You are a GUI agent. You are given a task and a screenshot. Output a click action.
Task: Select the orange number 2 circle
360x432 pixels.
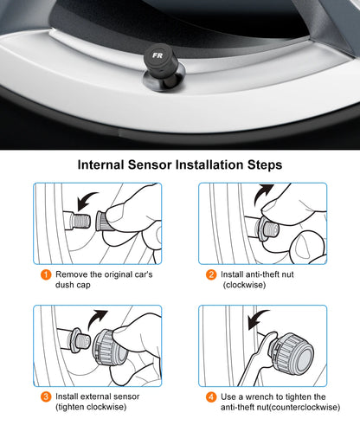pyautogui.click(x=210, y=276)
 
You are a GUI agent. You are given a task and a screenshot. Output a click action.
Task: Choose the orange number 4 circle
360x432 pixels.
pyautogui.click(x=210, y=397)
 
